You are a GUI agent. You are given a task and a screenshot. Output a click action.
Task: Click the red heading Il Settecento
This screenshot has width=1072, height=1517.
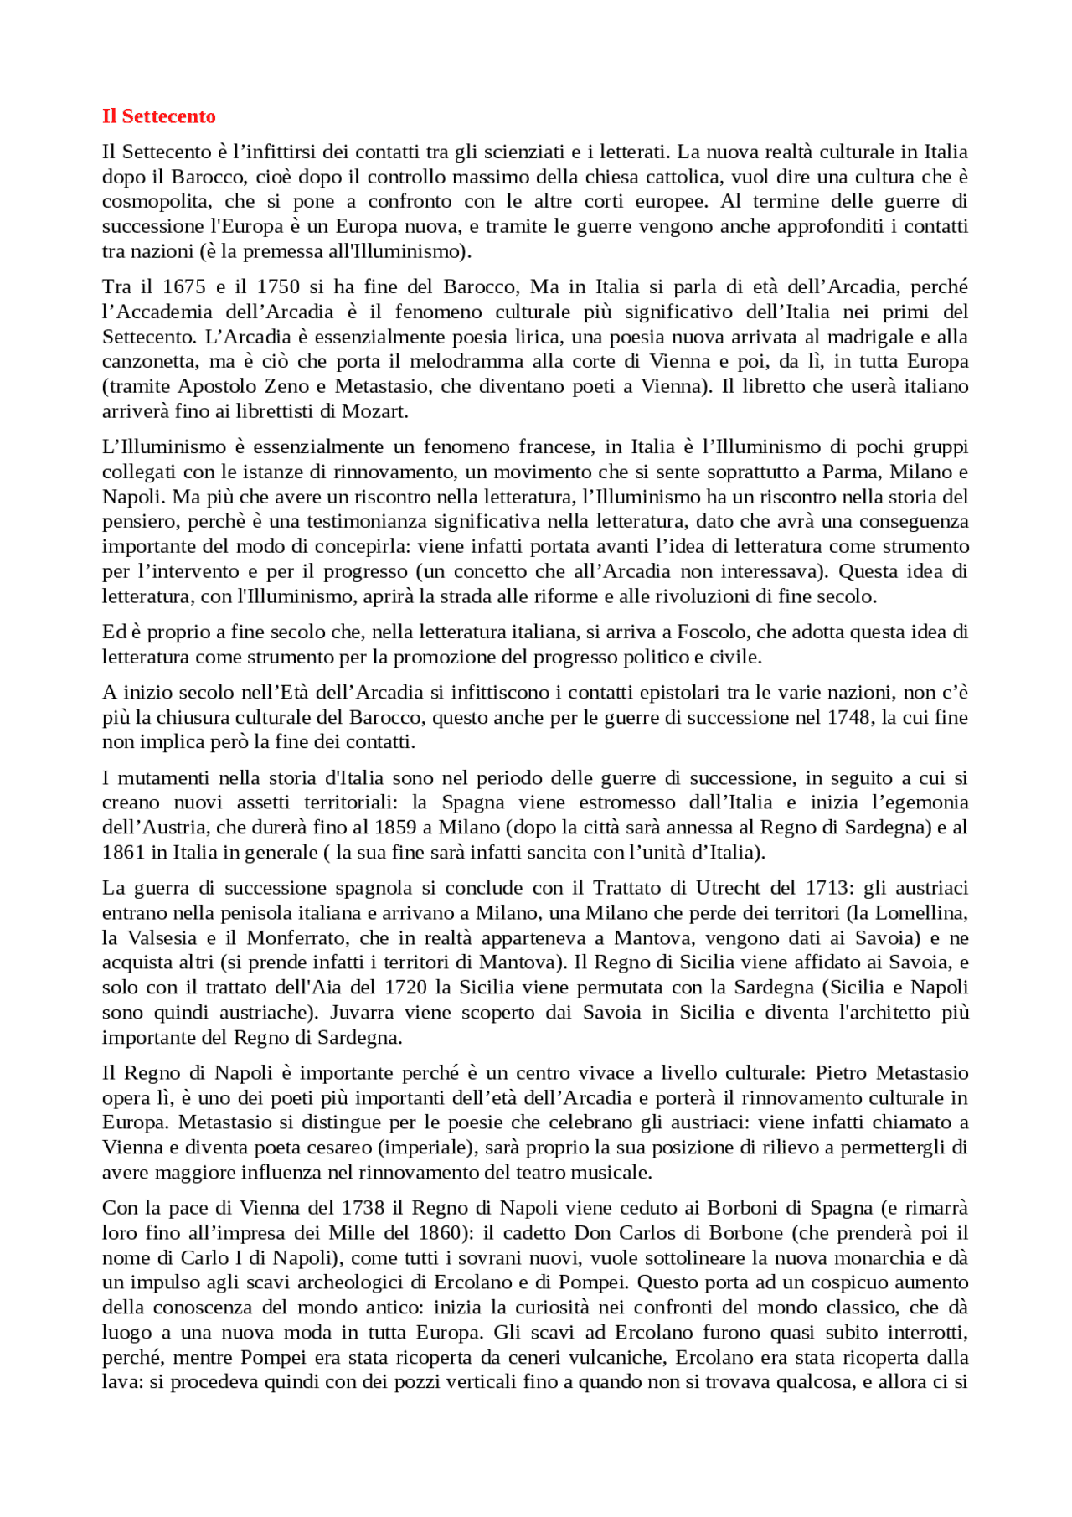(158, 116)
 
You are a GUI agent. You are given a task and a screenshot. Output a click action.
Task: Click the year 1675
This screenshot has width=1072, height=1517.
(184, 286)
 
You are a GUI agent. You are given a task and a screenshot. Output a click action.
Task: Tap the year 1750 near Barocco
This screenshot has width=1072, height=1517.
(278, 286)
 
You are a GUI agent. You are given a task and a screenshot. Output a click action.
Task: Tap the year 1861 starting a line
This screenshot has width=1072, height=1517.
(122, 852)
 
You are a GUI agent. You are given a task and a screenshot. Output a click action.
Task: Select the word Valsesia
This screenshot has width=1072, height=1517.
(162, 937)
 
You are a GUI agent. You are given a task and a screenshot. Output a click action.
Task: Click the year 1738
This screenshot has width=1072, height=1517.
(363, 1208)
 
